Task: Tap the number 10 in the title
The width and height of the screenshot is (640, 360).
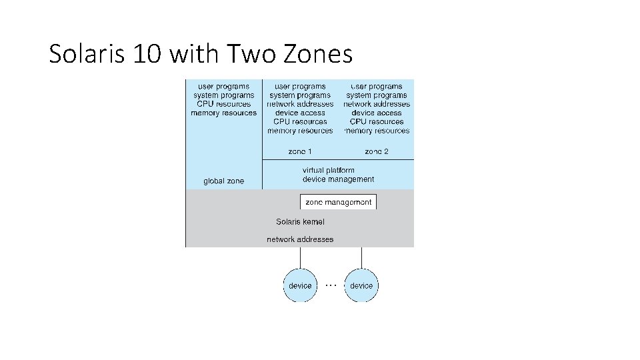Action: tap(147, 53)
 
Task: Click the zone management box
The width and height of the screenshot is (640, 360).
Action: tap(338, 202)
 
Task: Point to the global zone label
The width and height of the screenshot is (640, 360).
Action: tap(223, 181)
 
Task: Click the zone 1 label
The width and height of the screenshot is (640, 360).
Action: tap(300, 151)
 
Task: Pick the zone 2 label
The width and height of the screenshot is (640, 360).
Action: tap(377, 151)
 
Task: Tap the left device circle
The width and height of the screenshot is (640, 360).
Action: tap(300, 285)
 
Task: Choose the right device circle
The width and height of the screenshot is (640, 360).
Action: tap(361, 285)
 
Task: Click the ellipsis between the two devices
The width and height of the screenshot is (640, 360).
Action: tap(331, 283)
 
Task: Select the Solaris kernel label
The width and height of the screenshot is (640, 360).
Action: tap(300, 221)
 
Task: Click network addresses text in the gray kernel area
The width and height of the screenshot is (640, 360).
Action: tap(300, 239)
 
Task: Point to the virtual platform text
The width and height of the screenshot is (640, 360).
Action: tap(328, 170)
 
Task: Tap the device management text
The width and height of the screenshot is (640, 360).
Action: tap(338, 179)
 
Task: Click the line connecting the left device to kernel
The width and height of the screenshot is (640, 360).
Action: tap(300, 258)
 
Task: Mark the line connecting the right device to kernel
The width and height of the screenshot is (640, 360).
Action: tap(361, 258)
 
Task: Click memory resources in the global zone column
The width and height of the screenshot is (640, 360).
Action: tap(223, 113)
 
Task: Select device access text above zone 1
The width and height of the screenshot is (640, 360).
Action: tap(300, 113)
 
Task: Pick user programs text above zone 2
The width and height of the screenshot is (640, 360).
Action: tap(377, 86)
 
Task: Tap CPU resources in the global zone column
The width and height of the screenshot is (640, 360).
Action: tap(223, 104)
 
